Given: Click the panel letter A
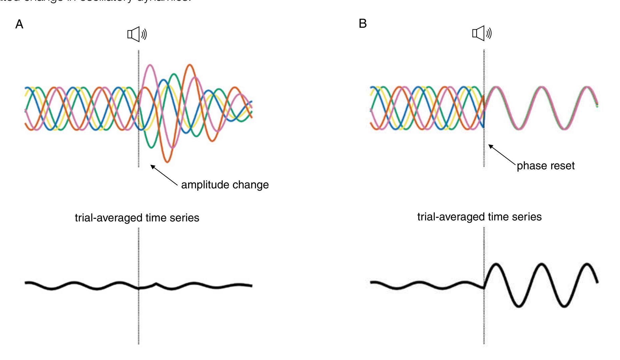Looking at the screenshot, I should click(20, 25).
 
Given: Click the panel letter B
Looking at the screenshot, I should click(362, 24).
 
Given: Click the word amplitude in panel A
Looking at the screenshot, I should click(204, 184).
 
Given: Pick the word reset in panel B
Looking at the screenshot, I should click(561, 166).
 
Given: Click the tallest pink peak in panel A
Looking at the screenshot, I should click(150, 65).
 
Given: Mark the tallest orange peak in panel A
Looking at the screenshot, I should click(190, 65).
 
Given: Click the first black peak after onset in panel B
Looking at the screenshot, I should click(496, 264).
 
